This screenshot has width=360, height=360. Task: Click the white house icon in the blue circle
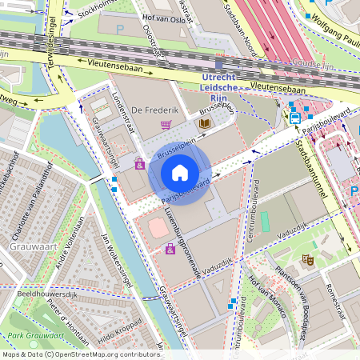click(180, 172)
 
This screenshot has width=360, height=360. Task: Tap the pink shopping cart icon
click(166, 125)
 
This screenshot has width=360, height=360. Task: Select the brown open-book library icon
click(205, 123)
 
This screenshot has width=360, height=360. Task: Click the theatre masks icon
click(306, 260)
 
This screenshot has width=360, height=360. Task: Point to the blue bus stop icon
click(295, 118)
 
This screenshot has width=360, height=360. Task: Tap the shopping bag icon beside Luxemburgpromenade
click(170, 250)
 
